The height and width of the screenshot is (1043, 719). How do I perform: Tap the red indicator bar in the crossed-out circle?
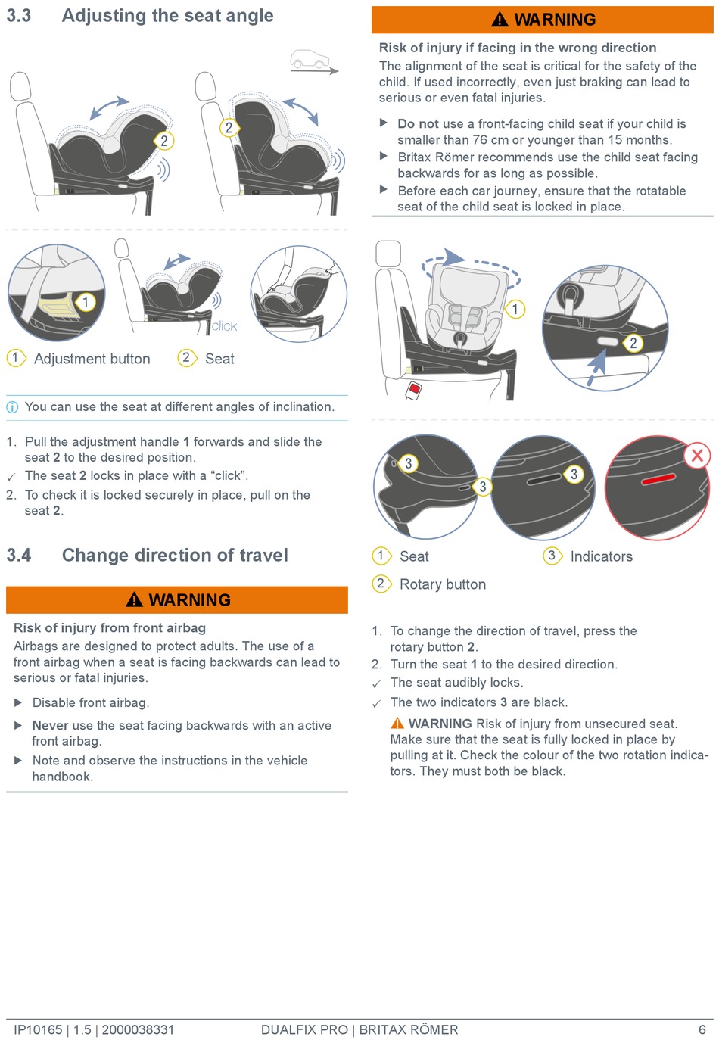[x=658, y=478]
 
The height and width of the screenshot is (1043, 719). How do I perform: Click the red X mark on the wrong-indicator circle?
[x=696, y=455]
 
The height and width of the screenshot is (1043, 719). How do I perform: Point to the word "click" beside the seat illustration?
[x=224, y=326]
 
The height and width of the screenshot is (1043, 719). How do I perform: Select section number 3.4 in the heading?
[x=19, y=555]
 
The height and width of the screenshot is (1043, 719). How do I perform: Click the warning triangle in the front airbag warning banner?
[x=134, y=599]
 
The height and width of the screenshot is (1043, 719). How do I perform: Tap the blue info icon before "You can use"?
[x=12, y=407]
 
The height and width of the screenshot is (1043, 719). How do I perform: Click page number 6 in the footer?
[x=702, y=1029]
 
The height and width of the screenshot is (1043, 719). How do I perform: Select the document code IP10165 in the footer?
[x=38, y=1029]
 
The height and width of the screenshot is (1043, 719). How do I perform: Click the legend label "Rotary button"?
[x=443, y=584]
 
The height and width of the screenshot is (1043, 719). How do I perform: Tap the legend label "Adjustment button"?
[x=92, y=359]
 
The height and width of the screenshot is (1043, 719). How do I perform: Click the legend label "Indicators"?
[x=601, y=556]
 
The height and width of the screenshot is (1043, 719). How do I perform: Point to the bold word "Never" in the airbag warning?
[x=50, y=725]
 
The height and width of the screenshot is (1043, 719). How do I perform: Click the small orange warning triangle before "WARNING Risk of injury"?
[x=397, y=723]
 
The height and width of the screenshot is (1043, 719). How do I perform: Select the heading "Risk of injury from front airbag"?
[x=110, y=628]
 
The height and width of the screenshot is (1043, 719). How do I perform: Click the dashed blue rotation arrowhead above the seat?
[x=454, y=257]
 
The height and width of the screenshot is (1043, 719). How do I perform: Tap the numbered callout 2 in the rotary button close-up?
[x=633, y=343]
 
